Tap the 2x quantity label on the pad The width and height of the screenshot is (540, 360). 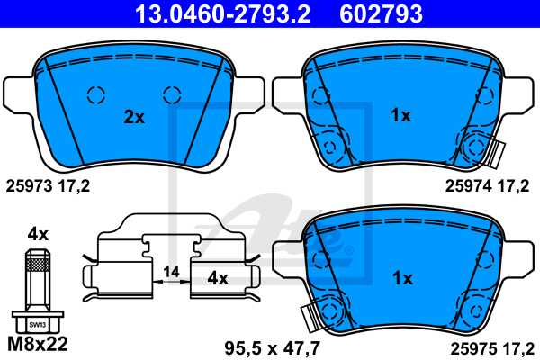click(x=134, y=116)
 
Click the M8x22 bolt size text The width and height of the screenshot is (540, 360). click(x=37, y=344)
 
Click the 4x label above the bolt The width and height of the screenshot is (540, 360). click(x=37, y=233)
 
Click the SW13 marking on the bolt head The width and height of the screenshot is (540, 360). click(x=37, y=319)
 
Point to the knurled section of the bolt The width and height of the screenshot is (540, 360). click(x=37, y=262)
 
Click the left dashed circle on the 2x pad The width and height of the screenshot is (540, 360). click(x=94, y=94)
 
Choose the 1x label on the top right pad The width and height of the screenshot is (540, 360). click(x=401, y=116)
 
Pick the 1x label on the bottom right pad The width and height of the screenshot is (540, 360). click(x=401, y=278)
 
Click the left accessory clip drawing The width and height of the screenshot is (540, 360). click(x=121, y=261)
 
